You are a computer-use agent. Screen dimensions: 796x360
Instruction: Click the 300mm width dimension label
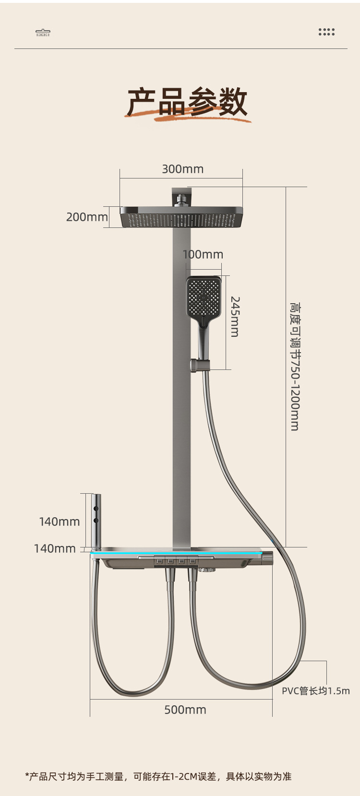[182, 169]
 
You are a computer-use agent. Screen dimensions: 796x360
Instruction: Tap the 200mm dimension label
[87, 217]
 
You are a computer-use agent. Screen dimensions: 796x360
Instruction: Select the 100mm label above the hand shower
[203, 254]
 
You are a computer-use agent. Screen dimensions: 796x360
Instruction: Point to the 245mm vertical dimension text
[235, 317]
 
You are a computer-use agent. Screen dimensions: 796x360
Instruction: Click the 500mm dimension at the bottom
[185, 710]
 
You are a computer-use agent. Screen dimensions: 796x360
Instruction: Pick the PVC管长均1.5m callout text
[315, 691]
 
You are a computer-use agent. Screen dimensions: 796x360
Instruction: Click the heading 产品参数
[187, 102]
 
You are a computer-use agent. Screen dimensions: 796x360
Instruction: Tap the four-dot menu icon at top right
[326, 32]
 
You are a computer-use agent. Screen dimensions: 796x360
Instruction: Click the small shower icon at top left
[43, 33]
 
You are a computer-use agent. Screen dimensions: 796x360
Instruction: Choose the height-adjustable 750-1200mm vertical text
[295, 367]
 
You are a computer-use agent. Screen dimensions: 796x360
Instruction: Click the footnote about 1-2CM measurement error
[158, 776]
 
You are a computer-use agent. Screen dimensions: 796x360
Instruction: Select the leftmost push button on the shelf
[158, 560]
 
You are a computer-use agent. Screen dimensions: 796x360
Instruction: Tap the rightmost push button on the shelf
[192, 560]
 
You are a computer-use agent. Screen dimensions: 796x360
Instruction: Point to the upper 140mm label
[59, 522]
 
